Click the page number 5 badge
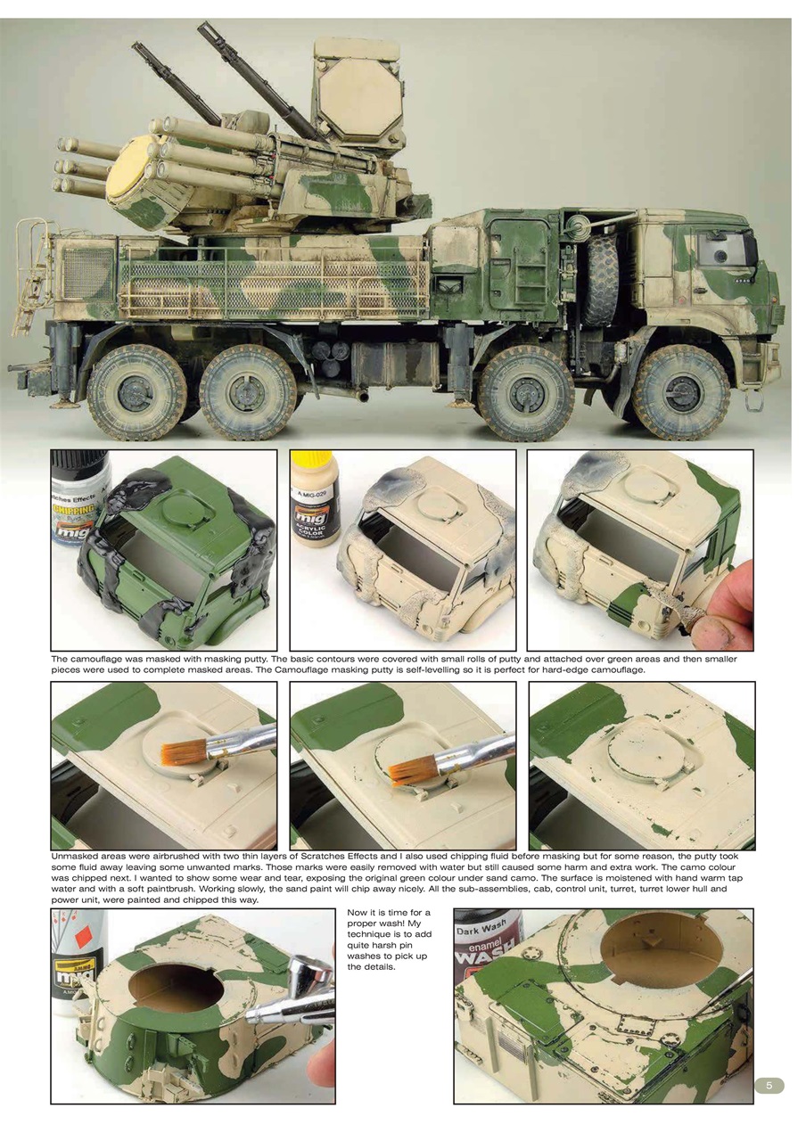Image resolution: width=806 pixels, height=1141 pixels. (769, 1085)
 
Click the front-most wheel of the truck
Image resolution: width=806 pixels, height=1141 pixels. (680, 393)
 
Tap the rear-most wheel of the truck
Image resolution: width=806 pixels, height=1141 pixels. (136, 393)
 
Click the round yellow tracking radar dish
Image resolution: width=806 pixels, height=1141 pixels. (131, 171)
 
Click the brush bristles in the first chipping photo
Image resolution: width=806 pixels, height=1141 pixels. (183, 754)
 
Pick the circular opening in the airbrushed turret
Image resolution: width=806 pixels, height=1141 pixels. (176, 987)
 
